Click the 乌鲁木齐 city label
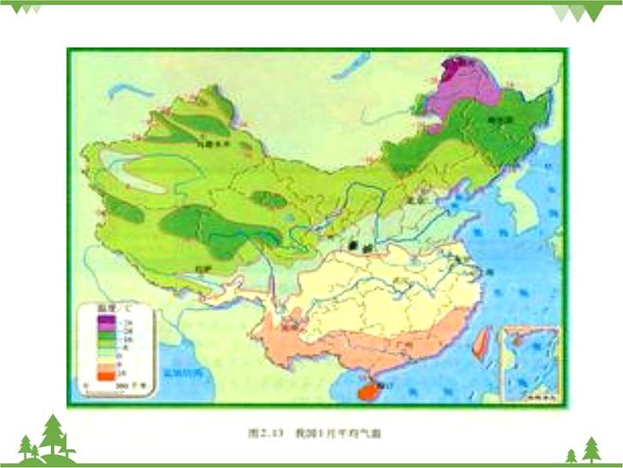(x=206, y=144)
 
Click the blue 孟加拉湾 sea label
(x=182, y=375)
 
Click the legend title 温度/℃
(x=107, y=312)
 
